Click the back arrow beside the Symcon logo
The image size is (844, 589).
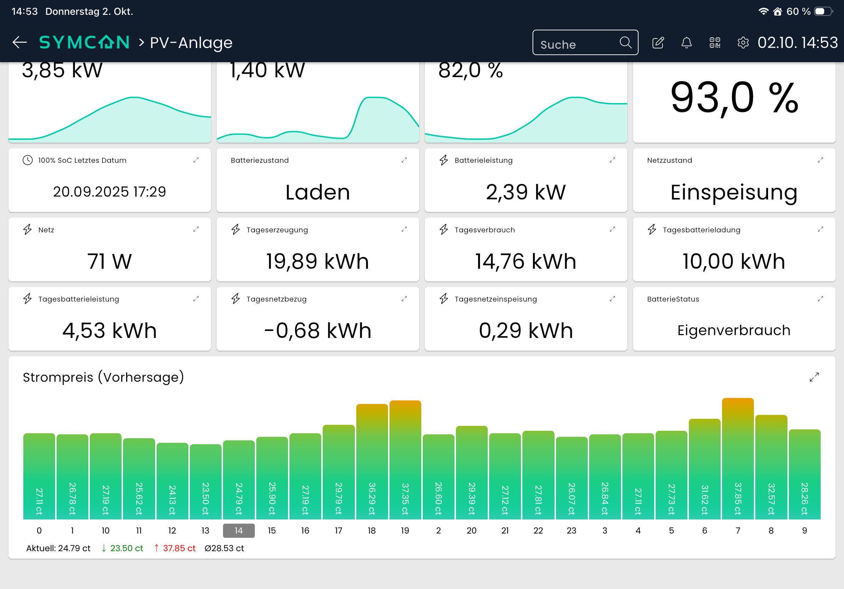click(19, 42)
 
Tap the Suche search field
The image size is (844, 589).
click(585, 43)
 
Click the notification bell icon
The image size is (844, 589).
click(686, 43)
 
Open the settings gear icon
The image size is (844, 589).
click(743, 43)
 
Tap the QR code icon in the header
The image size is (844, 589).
click(715, 43)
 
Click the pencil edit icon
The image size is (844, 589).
click(658, 43)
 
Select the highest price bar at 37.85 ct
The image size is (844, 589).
click(737, 459)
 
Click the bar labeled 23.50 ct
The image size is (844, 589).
click(205, 482)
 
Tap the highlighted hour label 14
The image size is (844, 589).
click(239, 531)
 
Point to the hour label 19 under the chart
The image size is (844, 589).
click(405, 531)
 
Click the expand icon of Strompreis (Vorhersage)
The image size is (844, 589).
click(814, 377)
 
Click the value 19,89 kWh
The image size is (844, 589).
click(318, 261)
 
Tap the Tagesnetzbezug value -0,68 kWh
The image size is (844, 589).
click(318, 331)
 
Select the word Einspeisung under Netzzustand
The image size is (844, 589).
click(734, 192)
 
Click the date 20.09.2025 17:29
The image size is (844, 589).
click(110, 192)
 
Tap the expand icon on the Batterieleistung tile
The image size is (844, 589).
click(613, 160)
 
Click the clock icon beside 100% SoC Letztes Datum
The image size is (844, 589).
click(28, 160)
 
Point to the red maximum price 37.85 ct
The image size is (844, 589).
click(175, 548)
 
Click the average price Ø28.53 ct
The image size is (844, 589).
click(224, 548)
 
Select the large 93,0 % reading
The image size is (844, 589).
click(734, 99)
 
